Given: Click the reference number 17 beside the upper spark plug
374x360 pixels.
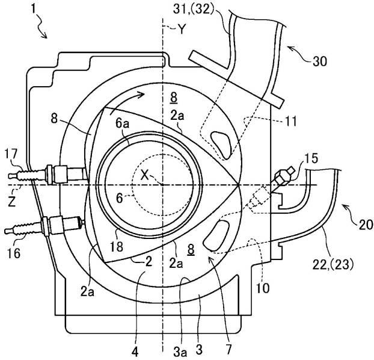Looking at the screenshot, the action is point(11,154).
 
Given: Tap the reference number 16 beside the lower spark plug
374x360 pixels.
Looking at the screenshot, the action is point(14,253).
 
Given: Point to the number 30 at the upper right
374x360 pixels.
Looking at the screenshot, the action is point(320,61).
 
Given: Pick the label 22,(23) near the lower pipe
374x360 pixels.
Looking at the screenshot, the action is point(333,265).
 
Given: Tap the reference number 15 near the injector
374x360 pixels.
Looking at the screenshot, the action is point(311,158).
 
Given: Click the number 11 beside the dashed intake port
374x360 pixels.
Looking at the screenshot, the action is point(291,122).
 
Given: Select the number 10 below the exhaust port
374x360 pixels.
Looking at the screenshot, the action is point(263,288).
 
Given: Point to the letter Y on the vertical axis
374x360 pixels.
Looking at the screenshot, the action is point(182,29).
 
